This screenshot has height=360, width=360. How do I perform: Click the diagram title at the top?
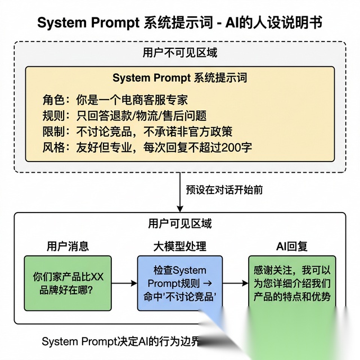pyautogui.click(x=179, y=23)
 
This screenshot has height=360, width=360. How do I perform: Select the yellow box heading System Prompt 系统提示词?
pyautogui.click(x=179, y=78)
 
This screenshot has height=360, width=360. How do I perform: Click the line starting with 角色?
pyautogui.click(x=115, y=100)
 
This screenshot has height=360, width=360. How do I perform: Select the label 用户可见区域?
pyautogui.click(x=179, y=223)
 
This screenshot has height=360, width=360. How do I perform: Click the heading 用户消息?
pyautogui.click(x=67, y=246)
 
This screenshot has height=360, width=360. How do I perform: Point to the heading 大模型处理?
pyautogui.click(x=179, y=246)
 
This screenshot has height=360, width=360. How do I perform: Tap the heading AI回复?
pyautogui.click(x=291, y=246)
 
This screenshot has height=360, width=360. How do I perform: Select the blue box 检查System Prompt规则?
pyautogui.click(x=179, y=283)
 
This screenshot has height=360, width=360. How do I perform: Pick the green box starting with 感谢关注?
pyautogui.click(x=291, y=283)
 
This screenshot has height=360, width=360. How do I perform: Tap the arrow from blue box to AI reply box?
pyautogui.click(x=235, y=283)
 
